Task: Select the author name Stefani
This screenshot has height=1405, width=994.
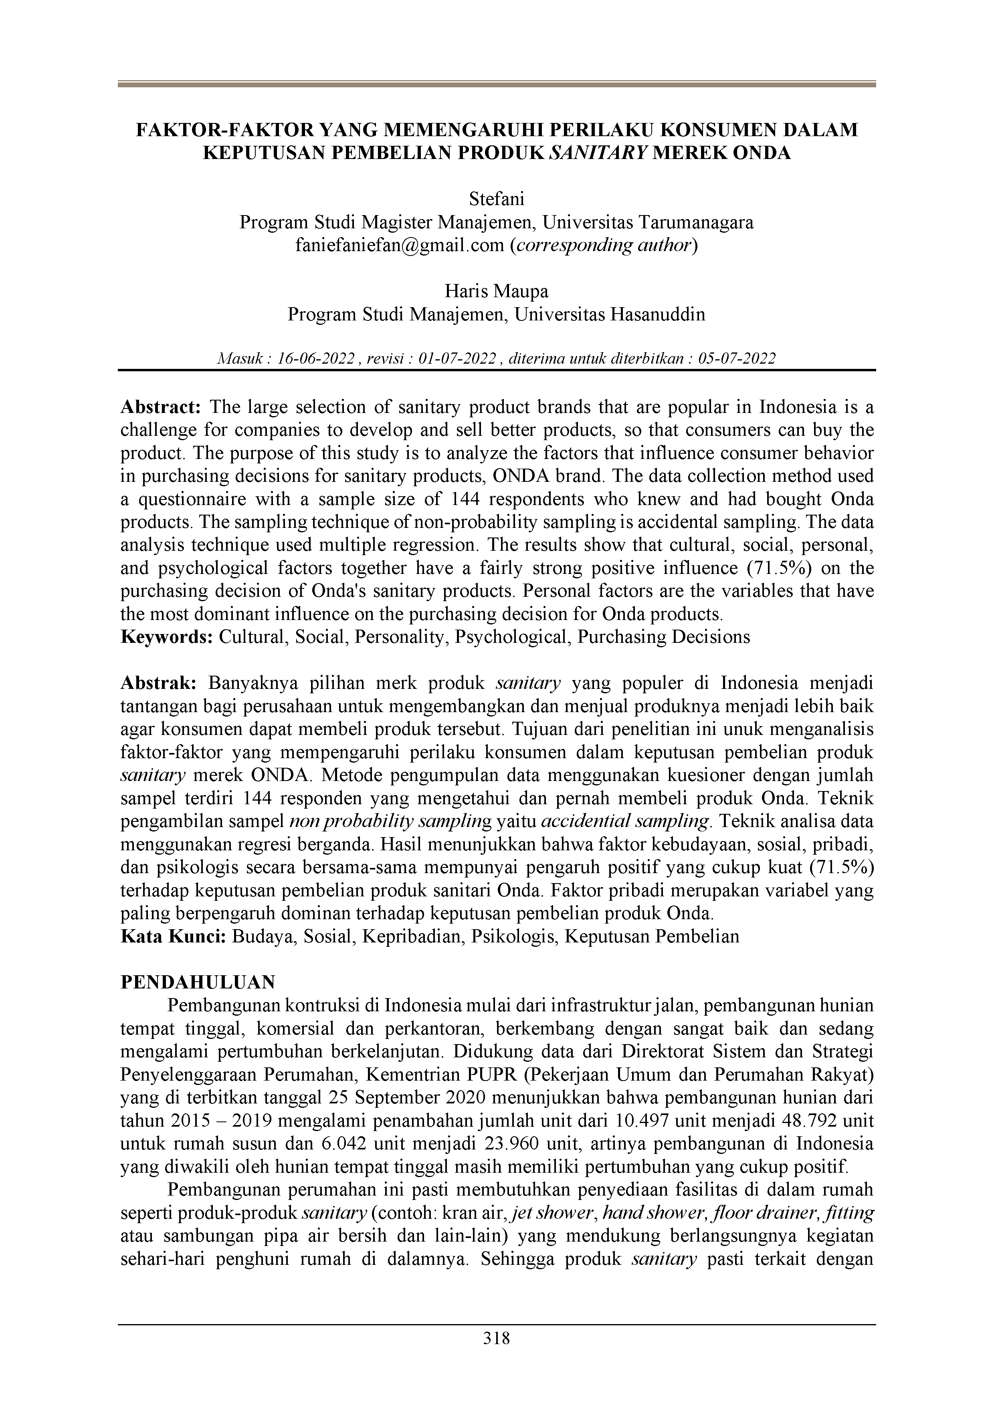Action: click(497, 199)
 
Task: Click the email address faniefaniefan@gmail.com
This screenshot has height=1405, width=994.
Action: click(400, 246)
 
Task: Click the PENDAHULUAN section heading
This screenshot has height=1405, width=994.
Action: click(198, 982)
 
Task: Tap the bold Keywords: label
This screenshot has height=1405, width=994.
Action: click(167, 636)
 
